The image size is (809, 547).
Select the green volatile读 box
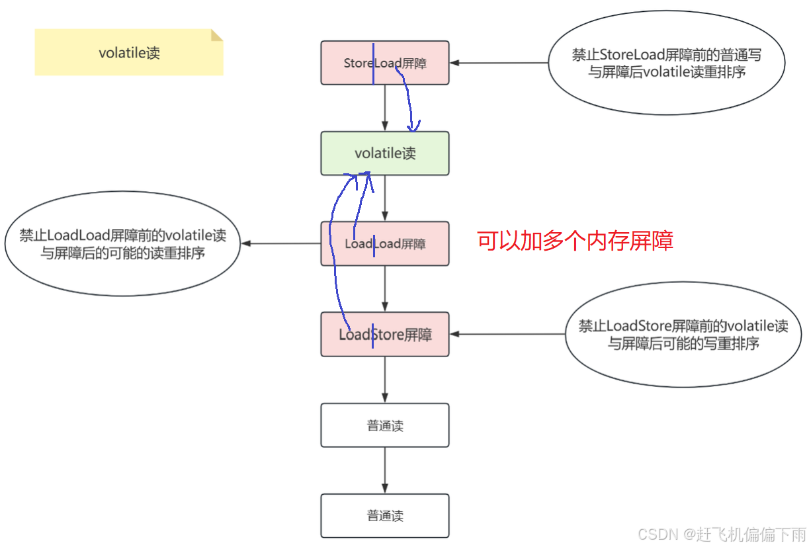(x=385, y=153)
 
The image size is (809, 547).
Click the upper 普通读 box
(x=385, y=425)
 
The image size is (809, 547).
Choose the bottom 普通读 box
(x=385, y=516)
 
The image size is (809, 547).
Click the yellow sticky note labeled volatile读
(x=129, y=53)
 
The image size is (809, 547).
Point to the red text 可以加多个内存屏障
(x=575, y=241)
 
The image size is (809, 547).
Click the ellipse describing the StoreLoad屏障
(x=667, y=63)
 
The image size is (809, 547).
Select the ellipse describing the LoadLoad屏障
(x=122, y=244)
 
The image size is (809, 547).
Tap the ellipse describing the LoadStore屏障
(x=683, y=335)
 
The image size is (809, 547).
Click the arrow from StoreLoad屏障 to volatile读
(x=385, y=108)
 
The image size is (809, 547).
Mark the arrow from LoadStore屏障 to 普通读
(x=385, y=380)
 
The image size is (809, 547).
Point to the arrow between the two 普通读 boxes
(x=385, y=470)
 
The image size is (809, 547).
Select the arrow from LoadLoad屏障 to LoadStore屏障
(x=385, y=289)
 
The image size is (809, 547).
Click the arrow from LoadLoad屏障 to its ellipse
(x=281, y=243)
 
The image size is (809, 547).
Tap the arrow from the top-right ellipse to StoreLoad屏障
(x=499, y=63)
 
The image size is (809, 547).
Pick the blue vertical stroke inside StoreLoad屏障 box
(x=373, y=63)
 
